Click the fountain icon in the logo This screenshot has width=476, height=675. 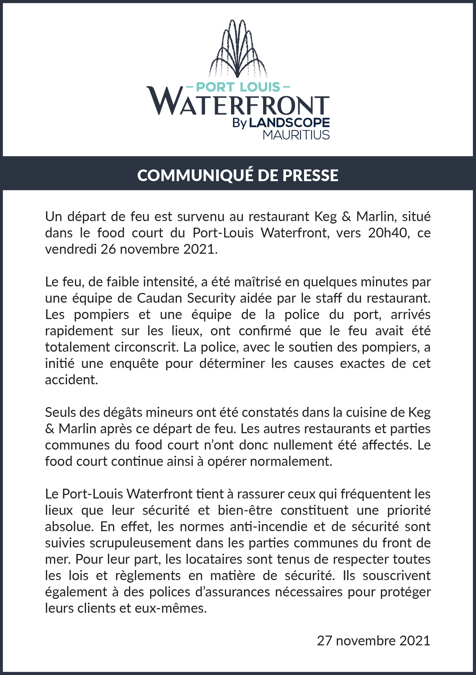click(x=238, y=48)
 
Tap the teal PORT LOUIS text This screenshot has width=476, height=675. click(x=238, y=87)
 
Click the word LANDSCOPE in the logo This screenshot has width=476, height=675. click(x=289, y=123)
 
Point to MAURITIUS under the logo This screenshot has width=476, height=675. click(x=296, y=135)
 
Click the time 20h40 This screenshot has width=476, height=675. click(x=389, y=233)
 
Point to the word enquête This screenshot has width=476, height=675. click(x=134, y=364)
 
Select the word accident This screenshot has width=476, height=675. click(x=71, y=380)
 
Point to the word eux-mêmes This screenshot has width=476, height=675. click(x=171, y=608)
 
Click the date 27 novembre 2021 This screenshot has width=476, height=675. click(x=373, y=641)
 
